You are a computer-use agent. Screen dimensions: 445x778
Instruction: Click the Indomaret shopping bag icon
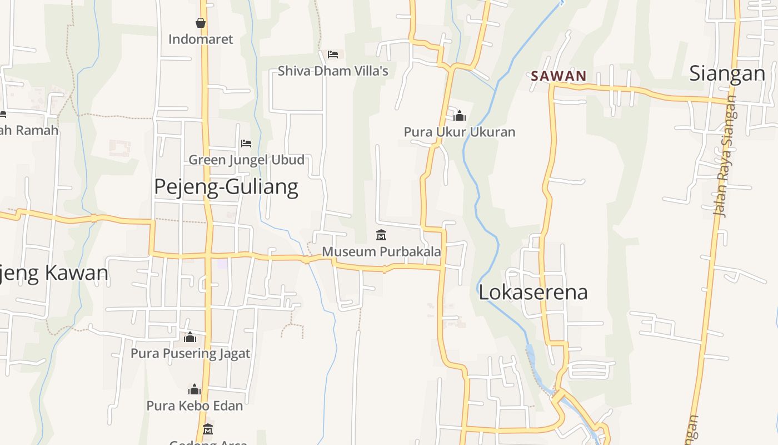[201, 23]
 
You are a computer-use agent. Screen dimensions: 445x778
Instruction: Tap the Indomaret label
[201, 39]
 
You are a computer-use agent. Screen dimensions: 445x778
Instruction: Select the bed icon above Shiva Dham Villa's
[333, 54]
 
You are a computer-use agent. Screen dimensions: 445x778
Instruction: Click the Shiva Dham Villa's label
[333, 71]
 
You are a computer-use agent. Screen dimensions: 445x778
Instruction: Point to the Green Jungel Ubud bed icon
[246, 144]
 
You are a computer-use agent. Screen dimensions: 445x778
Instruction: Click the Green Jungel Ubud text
[246, 160]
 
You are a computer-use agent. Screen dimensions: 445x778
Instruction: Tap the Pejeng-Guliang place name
[226, 187]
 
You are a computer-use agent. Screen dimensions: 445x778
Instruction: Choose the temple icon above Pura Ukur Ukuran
[460, 116]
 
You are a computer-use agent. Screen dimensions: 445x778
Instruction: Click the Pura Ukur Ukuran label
[460, 132]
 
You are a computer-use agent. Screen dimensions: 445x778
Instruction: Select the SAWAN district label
[558, 76]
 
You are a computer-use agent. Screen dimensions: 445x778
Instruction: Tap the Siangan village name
[727, 73]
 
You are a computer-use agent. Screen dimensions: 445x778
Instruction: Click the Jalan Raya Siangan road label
[725, 156]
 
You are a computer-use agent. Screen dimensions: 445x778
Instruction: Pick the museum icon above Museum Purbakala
[381, 235]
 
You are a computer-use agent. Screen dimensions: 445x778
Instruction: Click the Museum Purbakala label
[381, 251]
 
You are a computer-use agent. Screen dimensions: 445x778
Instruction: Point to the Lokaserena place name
[533, 293]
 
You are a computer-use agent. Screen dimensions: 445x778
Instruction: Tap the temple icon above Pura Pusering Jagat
[190, 337]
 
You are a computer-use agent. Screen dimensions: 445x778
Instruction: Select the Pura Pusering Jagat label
[190, 354]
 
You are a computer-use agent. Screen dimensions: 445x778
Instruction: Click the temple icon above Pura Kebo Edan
[194, 389]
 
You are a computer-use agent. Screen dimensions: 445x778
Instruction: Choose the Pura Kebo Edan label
[194, 406]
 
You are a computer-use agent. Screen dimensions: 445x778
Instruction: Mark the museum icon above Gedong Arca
[208, 429]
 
